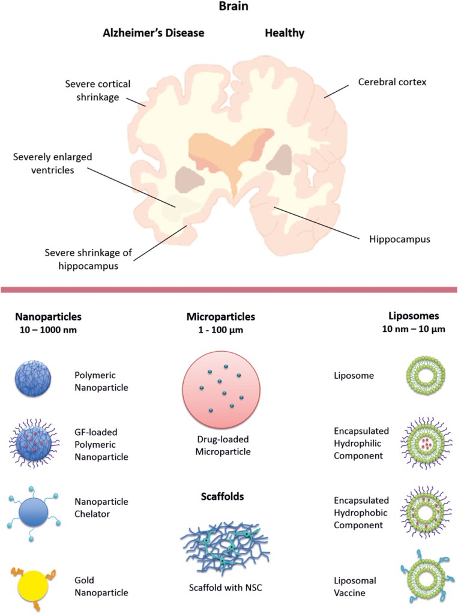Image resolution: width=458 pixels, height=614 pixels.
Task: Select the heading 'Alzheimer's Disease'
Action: click(x=153, y=33)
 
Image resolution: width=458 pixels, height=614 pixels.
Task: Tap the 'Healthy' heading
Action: click(x=285, y=33)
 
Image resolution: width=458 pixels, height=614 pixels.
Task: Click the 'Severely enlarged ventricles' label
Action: click(x=49, y=163)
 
